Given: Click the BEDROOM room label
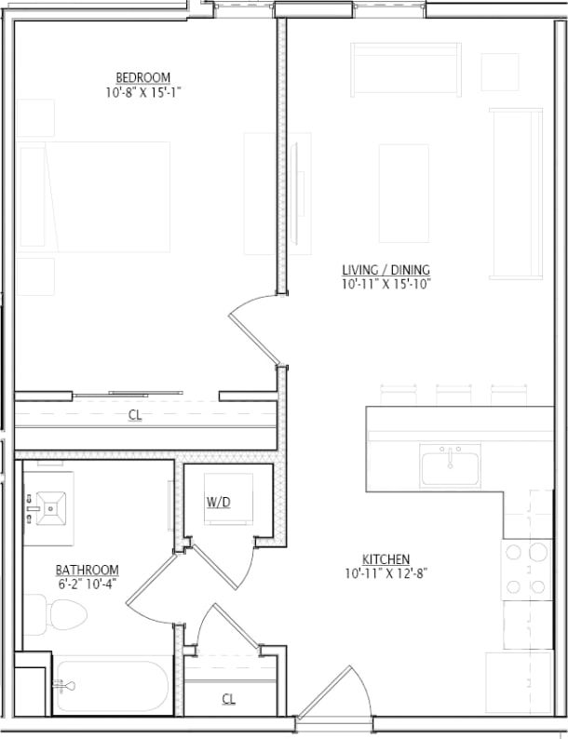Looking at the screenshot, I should coord(142,77).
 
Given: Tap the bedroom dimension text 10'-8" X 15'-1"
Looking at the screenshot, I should coord(142,92).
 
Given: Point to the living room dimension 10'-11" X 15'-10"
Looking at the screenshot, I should coord(385,285).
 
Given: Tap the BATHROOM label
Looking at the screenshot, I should coord(87,570).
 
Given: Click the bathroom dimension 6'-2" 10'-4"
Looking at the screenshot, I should coord(87,584).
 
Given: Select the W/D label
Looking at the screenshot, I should coord(218,502).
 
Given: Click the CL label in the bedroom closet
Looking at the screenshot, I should coord(135,415).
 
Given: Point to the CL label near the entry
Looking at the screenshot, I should coord(228,698).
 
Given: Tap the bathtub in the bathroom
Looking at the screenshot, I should coord(112,686).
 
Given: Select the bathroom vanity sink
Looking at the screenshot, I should coord(48,507).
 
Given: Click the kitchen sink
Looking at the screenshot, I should coord(450,465).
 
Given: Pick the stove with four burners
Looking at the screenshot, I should coord(527,570).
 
